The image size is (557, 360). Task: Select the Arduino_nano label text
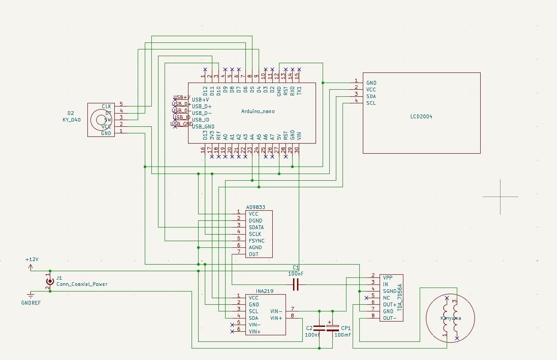coord(258,111)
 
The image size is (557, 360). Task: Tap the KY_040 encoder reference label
coord(72,120)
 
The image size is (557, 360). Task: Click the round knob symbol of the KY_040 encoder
coord(98,120)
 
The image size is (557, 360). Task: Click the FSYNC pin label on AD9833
coord(257,241)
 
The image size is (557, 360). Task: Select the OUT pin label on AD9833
coord(254,254)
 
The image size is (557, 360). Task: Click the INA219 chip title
coord(265,291)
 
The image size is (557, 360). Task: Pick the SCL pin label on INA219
coord(253,311)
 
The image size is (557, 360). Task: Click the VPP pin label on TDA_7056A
coord(388,277)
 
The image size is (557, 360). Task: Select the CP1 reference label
coord(346,328)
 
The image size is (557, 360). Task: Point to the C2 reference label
coord(309,328)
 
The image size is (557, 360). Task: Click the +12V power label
coord(32,260)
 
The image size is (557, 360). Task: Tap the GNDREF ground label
coord(31,303)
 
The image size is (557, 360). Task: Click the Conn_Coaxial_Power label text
coord(82,284)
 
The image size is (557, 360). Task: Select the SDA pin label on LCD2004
coord(371,96)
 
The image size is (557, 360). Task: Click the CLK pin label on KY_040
coord(106,106)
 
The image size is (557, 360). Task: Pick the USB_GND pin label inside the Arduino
coord(203,126)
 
